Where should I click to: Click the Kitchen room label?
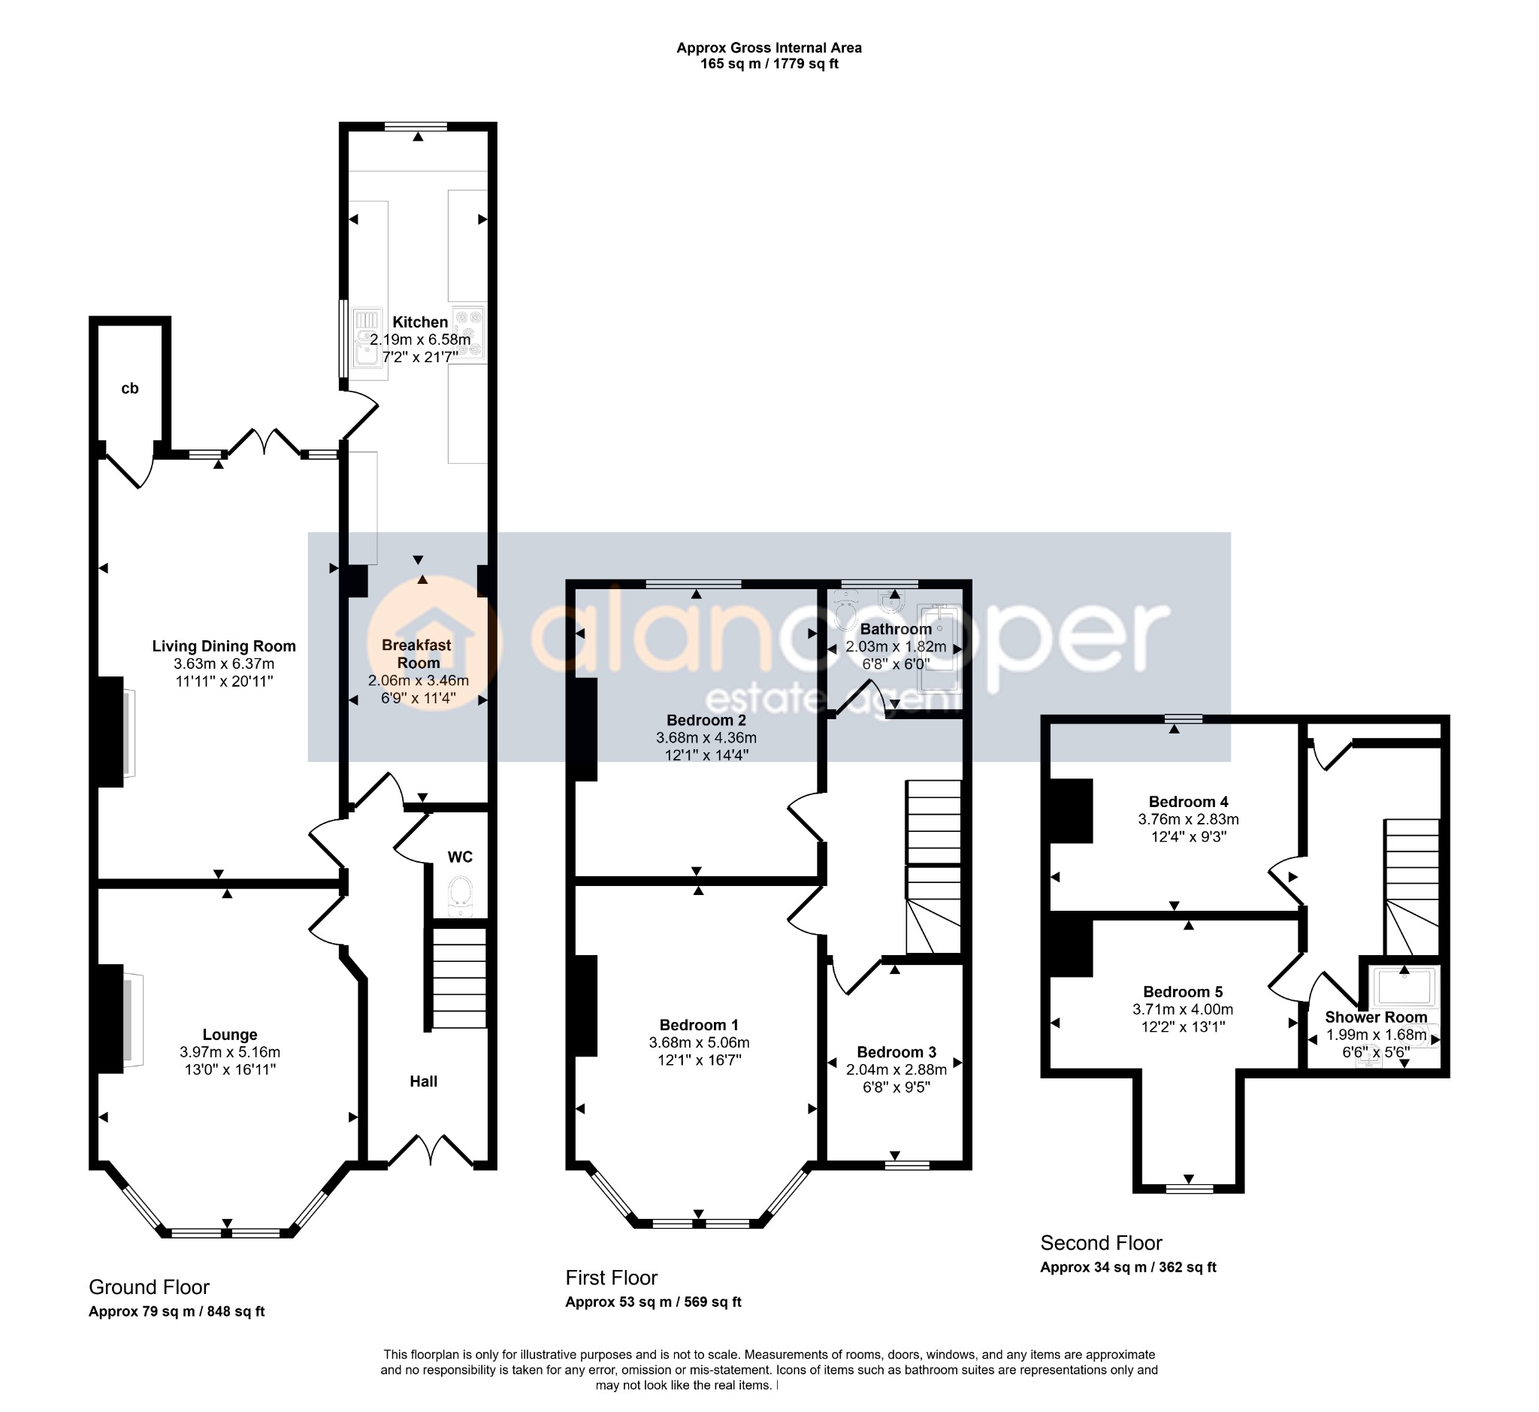point(420,322)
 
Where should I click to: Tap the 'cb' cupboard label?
point(130,389)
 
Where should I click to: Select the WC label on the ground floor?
point(460,857)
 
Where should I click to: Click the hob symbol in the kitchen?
point(467,331)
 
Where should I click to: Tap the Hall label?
point(423,1081)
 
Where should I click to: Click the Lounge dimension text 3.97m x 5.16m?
point(230,1052)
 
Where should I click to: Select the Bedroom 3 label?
point(896,1052)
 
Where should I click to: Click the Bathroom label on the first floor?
point(896,629)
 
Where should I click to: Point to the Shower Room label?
point(1376,1017)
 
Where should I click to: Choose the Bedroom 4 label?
point(1188,802)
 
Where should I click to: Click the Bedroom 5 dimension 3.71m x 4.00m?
point(1183,1009)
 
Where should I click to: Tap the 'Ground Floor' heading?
point(149,1287)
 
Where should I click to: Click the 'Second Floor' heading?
point(1101,1243)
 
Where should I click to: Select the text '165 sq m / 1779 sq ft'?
point(769,64)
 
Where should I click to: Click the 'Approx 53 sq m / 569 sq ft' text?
point(653,1302)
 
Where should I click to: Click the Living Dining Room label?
point(224,646)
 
